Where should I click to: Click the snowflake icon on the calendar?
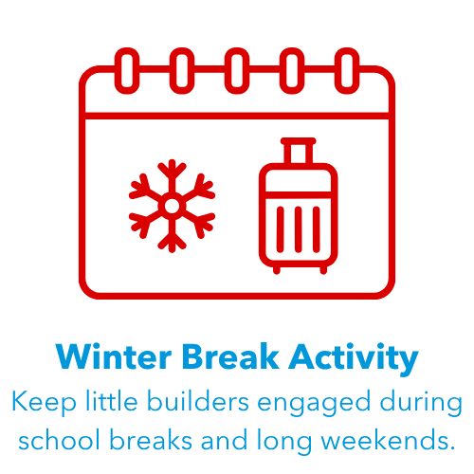(172, 206)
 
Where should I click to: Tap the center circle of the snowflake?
(172, 206)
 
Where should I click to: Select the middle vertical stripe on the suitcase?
(298, 229)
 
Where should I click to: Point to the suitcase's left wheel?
(277, 270)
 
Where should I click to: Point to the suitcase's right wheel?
(323, 270)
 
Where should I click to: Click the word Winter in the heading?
(114, 356)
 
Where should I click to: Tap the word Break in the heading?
(230, 356)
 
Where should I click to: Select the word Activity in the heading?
(354, 358)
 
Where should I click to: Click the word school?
(59, 439)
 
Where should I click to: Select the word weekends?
(389, 439)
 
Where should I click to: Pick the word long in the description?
(284, 441)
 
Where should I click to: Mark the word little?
(112, 401)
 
